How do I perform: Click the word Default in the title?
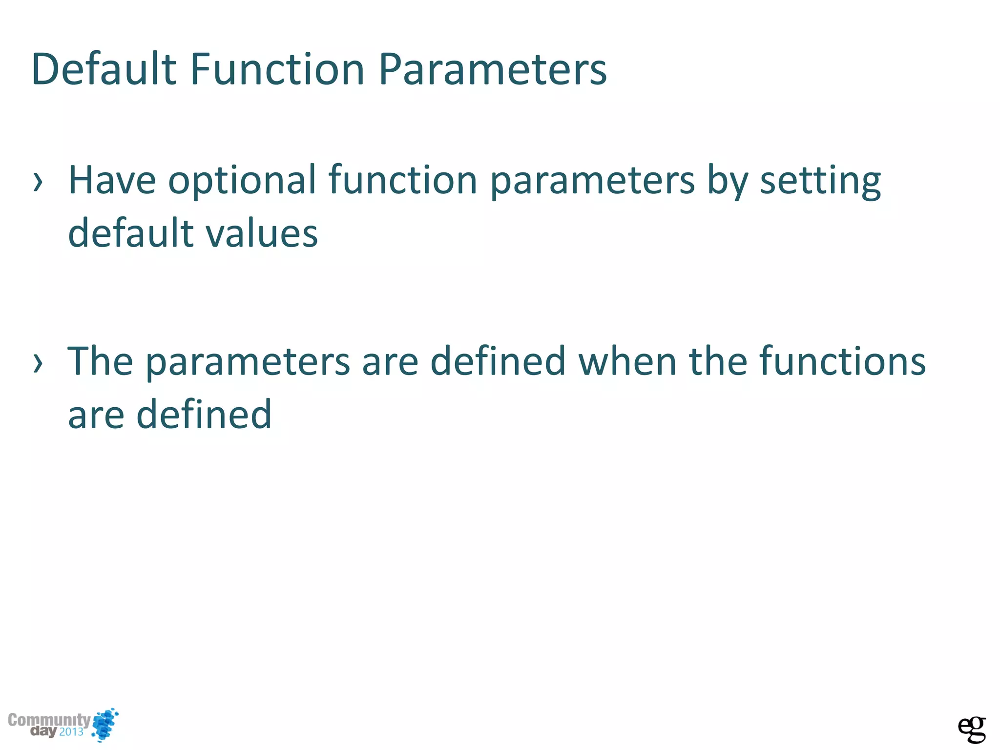tap(103, 69)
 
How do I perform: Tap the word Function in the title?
tap(277, 69)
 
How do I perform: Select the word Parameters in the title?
tap(492, 69)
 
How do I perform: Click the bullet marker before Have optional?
tap(38, 182)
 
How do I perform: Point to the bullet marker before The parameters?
tap(38, 363)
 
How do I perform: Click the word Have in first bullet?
tap(112, 180)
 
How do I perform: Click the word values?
tap(262, 233)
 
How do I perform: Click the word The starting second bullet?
tap(100, 361)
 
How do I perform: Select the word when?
tap(627, 361)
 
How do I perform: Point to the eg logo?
tap(971, 729)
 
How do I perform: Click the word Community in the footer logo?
tap(49, 720)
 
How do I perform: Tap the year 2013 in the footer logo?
tap(71, 732)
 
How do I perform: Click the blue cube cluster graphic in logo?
tap(105, 724)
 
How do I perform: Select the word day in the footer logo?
tap(43, 731)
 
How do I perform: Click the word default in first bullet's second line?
tap(131, 233)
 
